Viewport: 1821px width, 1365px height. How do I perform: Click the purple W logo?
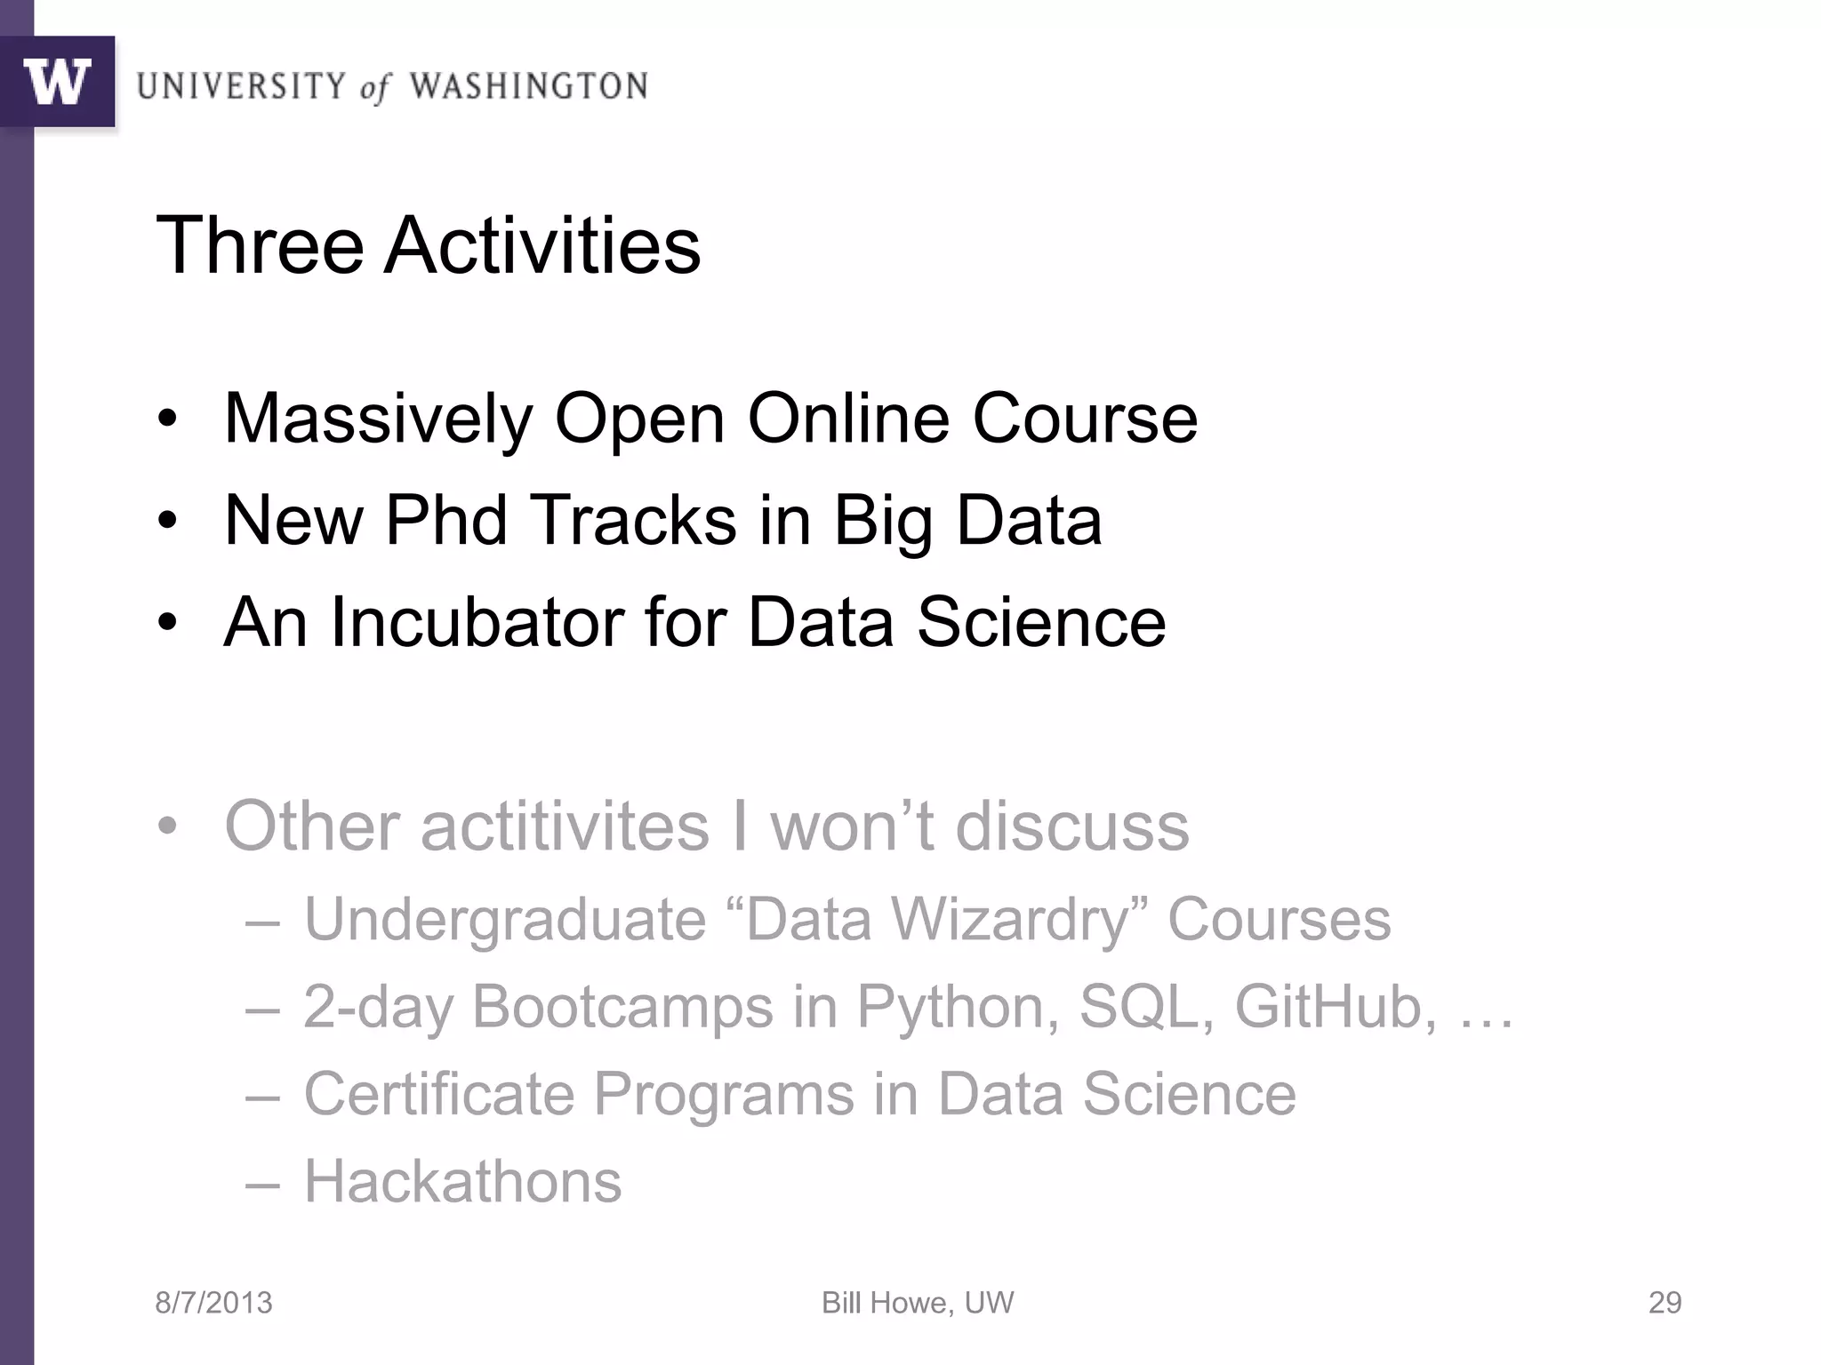57,82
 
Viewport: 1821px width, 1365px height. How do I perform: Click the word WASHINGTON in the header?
528,86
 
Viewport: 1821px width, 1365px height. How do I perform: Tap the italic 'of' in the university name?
374,88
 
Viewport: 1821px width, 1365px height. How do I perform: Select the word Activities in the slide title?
542,245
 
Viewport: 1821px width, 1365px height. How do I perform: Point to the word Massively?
378,419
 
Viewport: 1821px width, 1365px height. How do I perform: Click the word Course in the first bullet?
1085,419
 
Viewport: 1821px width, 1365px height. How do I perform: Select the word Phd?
445,520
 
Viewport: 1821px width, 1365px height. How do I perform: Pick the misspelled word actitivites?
565,826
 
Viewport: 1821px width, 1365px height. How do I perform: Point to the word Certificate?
439,1094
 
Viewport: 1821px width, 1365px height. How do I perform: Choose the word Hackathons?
462,1182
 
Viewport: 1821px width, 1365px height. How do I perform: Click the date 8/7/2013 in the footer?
213,1303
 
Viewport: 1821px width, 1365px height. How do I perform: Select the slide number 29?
1665,1303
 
